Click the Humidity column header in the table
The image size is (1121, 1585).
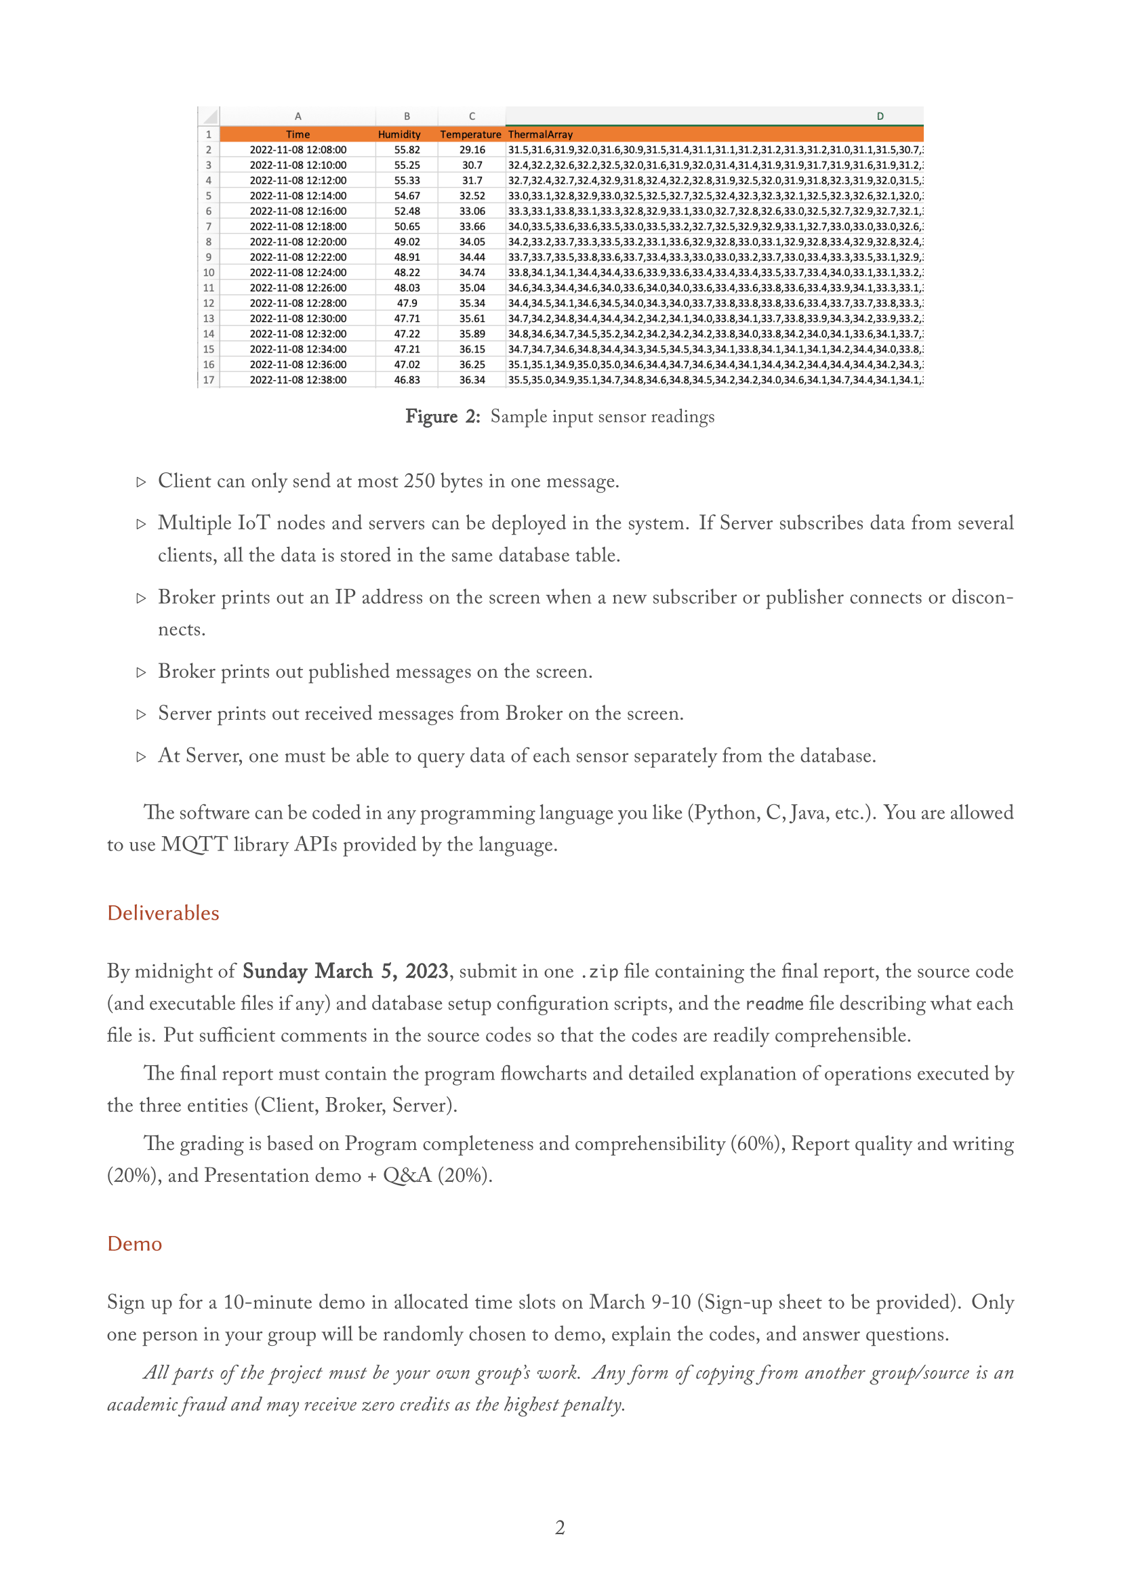click(399, 134)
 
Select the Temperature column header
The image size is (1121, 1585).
click(470, 134)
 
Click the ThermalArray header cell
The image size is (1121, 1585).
click(539, 134)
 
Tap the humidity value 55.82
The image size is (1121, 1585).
click(407, 150)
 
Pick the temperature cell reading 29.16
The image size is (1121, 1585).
click(472, 150)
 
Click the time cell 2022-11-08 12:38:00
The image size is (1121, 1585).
click(298, 379)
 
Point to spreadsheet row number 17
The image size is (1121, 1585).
click(209, 379)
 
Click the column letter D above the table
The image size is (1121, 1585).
click(880, 116)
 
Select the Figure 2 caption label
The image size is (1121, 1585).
click(442, 417)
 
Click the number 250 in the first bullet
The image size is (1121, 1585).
click(419, 481)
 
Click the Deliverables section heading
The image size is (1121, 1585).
click(163, 913)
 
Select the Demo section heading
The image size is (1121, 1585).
click(135, 1243)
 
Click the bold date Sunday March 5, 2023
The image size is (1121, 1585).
click(345, 971)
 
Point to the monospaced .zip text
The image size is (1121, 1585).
click(598, 972)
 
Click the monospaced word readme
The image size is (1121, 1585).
click(775, 1004)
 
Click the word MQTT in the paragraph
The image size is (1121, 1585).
click(194, 845)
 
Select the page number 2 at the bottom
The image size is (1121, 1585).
click(560, 1527)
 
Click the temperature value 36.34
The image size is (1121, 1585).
click(472, 379)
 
